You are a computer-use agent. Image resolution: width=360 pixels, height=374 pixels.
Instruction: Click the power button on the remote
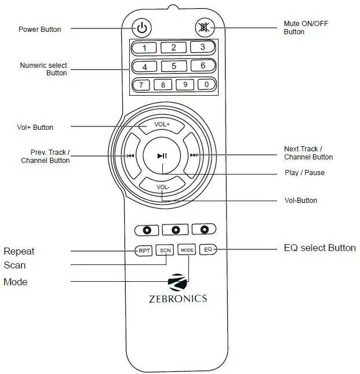coord(143,27)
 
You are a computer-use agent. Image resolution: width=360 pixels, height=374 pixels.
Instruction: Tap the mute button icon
coord(204,27)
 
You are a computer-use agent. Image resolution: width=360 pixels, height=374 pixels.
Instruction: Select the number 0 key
coord(206,85)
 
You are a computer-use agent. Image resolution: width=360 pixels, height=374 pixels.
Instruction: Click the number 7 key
coord(141,85)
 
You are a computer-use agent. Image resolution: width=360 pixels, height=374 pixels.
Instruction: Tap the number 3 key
coord(202,47)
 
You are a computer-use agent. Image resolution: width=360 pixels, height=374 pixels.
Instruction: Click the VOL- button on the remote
coord(162,187)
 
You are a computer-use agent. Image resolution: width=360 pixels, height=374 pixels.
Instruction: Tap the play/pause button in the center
coord(162,155)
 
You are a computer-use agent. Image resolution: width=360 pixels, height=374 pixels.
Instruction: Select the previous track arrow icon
coord(130,155)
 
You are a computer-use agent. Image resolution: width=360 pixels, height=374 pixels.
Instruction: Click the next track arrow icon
coord(194,155)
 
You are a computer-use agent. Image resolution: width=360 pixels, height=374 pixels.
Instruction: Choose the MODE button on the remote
coord(187,250)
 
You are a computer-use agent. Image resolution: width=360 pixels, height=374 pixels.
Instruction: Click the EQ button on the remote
coord(208,250)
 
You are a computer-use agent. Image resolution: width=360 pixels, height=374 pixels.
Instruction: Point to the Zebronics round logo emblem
coord(177,282)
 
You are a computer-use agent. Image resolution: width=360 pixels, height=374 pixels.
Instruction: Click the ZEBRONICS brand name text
coord(177,299)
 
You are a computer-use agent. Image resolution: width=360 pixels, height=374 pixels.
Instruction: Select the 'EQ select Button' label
coord(319,248)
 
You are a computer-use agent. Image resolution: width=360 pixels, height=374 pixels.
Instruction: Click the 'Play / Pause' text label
coord(304,173)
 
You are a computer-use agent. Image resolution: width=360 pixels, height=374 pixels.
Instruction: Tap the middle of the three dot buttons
coord(175,230)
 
